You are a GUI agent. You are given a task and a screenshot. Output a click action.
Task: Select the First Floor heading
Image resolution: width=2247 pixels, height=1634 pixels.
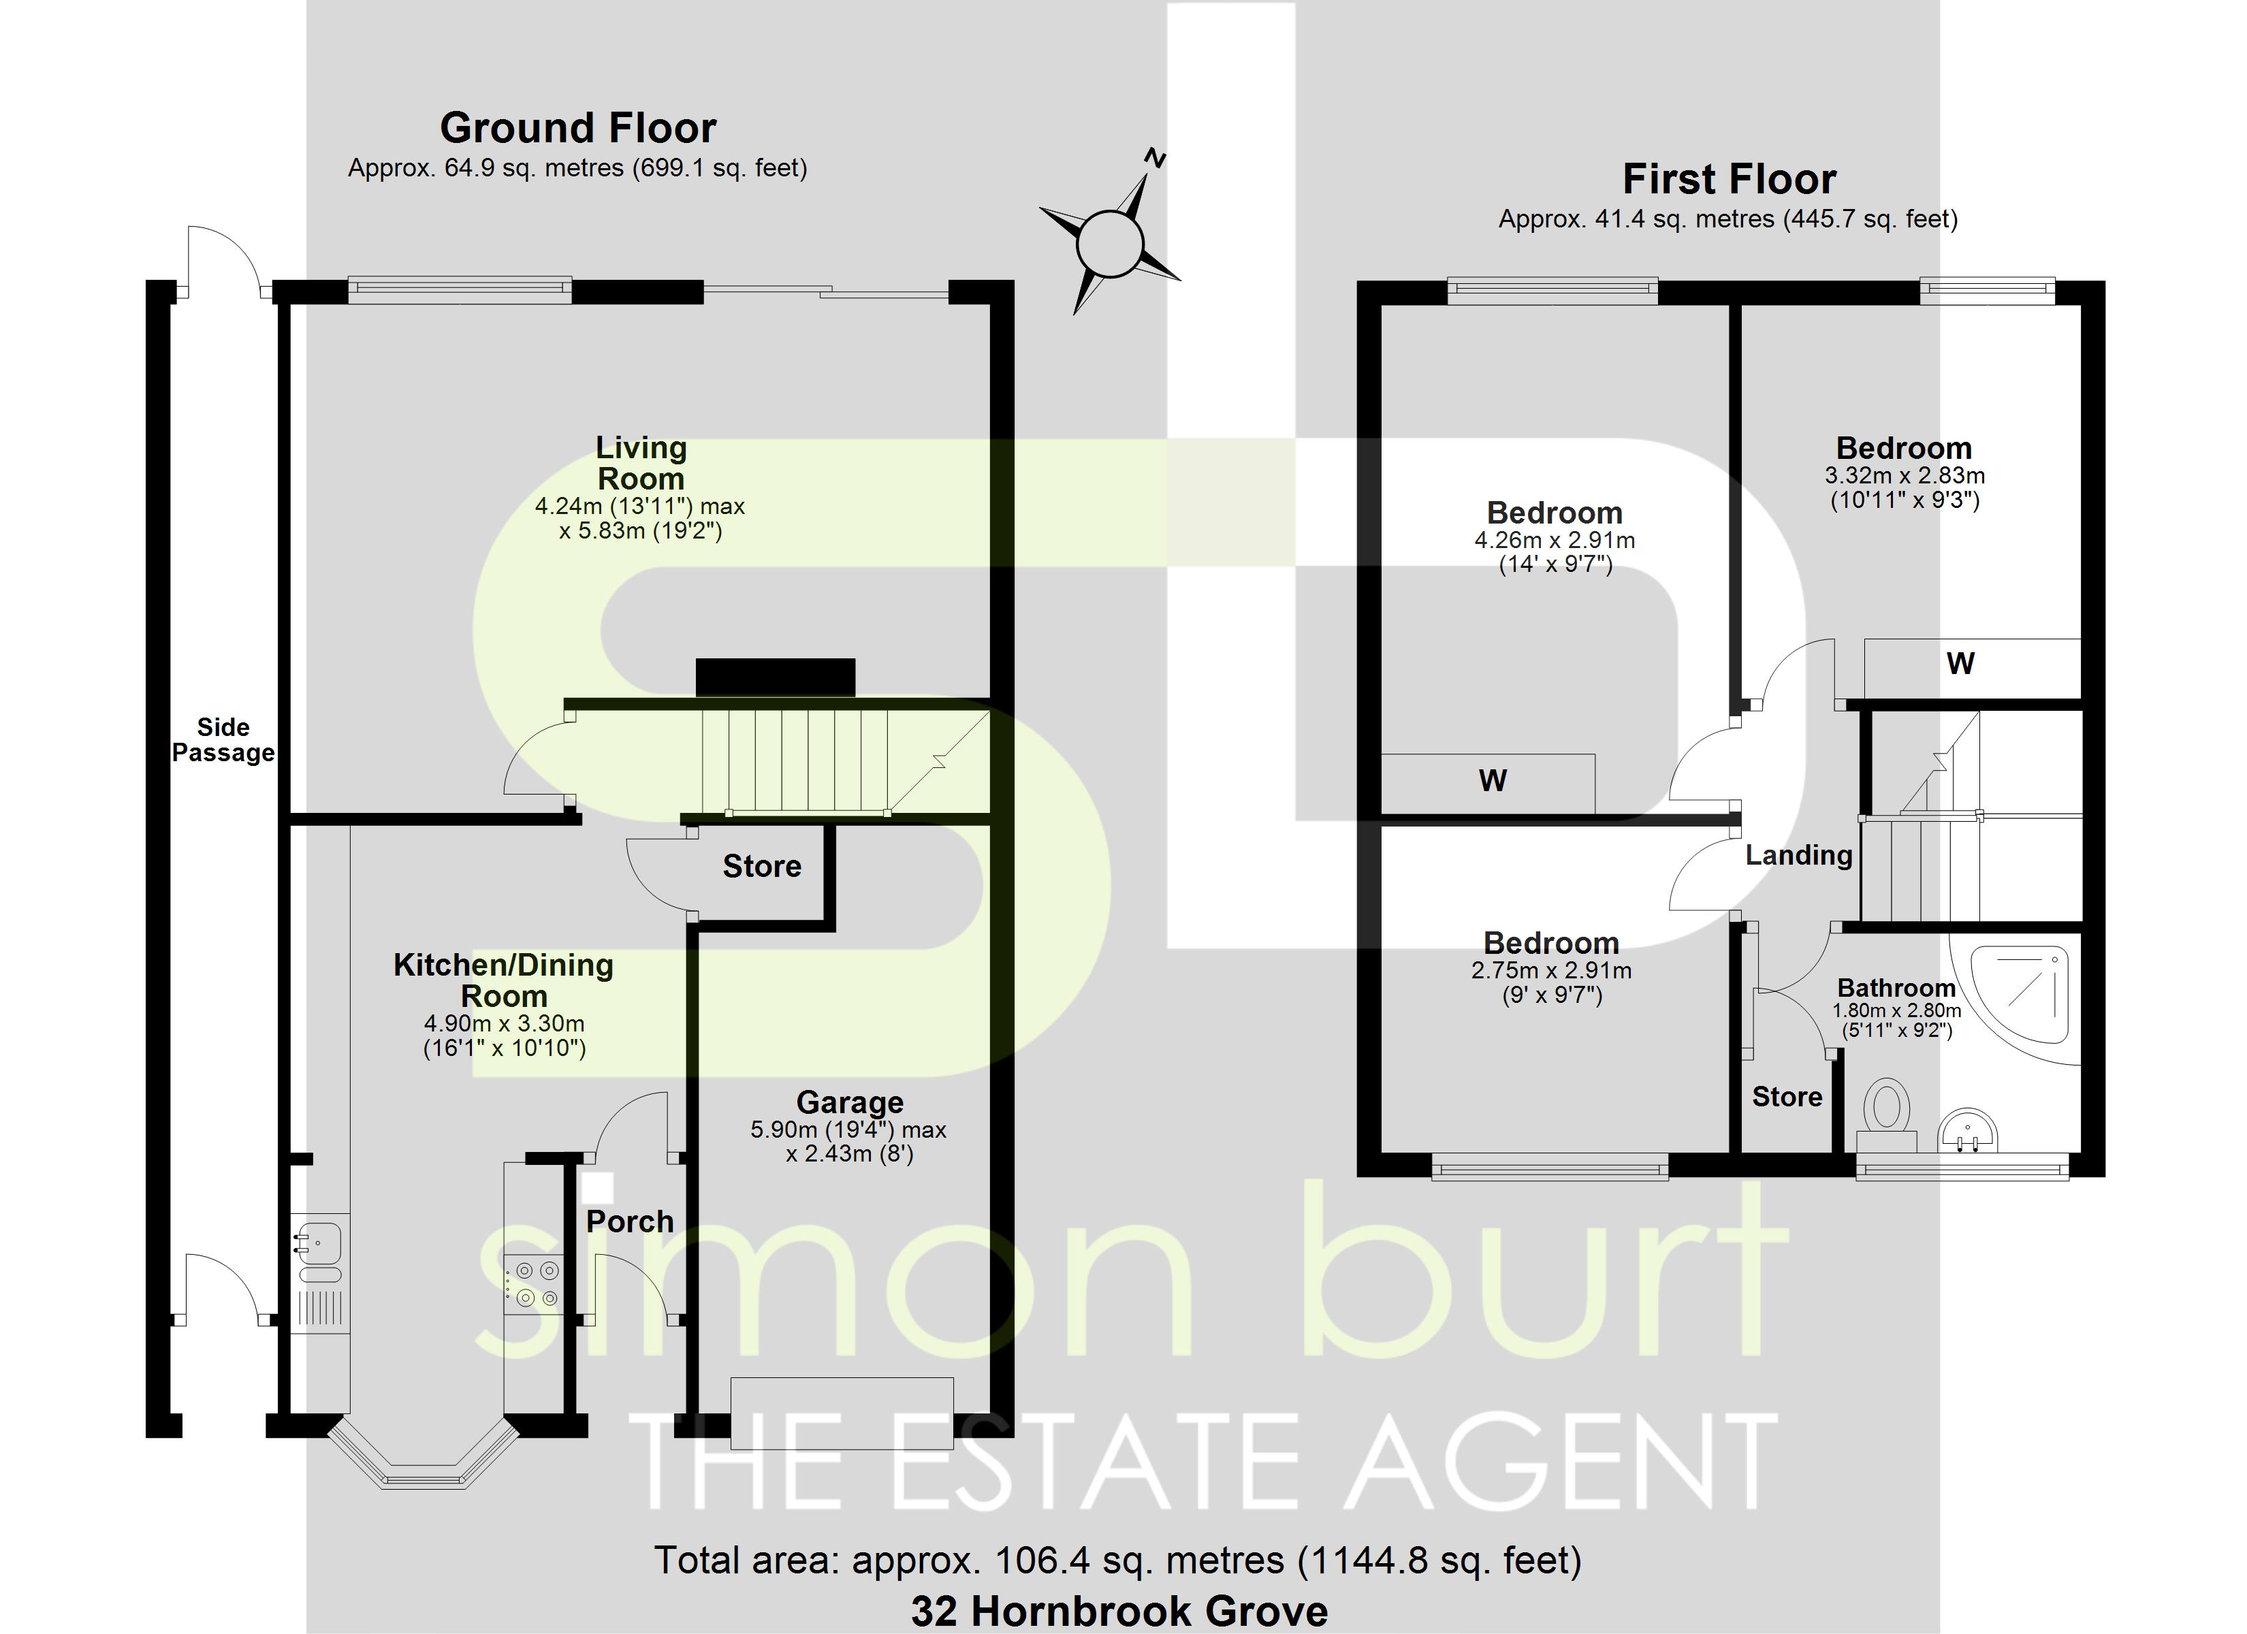(1729, 179)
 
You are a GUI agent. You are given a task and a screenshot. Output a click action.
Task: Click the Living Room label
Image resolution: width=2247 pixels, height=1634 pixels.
(641, 463)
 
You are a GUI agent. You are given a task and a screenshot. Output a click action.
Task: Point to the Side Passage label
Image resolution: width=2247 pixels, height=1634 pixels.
(223, 740)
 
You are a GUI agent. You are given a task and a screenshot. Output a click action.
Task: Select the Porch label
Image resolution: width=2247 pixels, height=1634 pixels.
(629, 1222)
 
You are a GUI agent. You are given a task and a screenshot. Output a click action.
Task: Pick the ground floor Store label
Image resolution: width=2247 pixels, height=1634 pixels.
(762, 866)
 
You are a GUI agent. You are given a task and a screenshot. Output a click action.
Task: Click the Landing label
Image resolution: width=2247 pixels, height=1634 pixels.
(1798, 855)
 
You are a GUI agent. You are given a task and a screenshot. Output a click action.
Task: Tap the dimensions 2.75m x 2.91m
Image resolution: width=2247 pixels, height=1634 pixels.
(1552, 971)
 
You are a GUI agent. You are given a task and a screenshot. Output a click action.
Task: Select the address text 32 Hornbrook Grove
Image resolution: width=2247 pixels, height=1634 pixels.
(1119, 1612)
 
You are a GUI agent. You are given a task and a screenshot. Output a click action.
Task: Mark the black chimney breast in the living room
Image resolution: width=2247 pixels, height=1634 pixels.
(775, 678)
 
